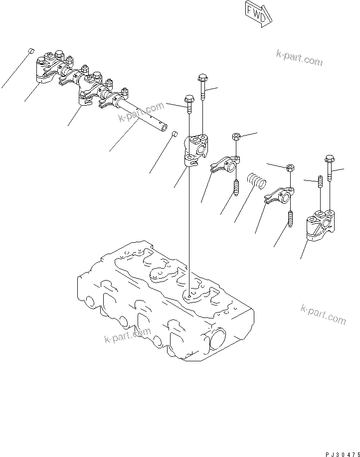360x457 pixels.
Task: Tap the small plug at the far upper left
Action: (30, 50)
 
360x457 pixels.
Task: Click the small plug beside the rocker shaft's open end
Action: (175, 133)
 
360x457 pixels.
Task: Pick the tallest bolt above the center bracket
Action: (202, 87)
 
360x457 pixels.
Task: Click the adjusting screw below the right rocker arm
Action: (290, 219)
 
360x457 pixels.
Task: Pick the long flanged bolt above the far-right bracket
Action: (330, 172)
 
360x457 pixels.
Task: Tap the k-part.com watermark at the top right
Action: (299, 58)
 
